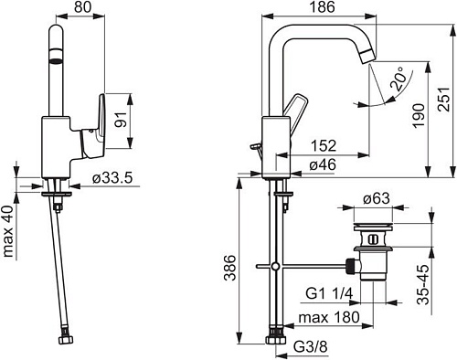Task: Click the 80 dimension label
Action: [x=82, y=7]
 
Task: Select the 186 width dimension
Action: [x=322, y=7]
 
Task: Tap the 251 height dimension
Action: [x=444, y=100]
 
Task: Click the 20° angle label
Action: [x=399, y=79]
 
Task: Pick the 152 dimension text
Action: [x=324, y=146]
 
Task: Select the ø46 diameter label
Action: [x=323, y=165]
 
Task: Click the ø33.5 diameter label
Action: [x=112, y=178]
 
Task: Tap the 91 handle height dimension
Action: [x=121, y=120]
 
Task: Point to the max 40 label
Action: [x=8, y=231]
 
